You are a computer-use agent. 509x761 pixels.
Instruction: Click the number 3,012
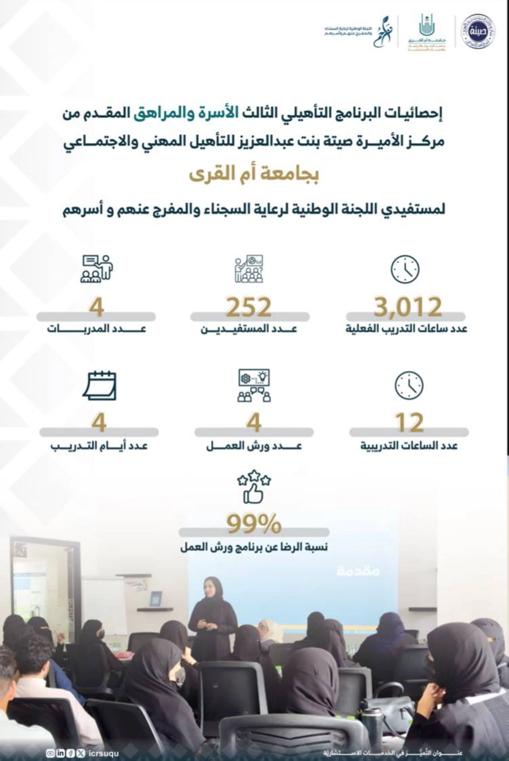click(x=408, y=307)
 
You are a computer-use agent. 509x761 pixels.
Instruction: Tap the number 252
click(x=249, y=307)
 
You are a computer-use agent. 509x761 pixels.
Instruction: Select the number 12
click(x=409, y=423)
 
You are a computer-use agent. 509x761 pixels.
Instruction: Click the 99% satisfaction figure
click(x=254, y=524)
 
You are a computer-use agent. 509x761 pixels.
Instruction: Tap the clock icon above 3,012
click(x=405, y=269)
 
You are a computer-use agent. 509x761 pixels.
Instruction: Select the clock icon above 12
click(x=409, y=385)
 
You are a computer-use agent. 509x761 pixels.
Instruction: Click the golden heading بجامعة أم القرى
click(x=254, y=174)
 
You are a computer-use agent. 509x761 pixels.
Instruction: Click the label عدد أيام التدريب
click(x=99, y=446)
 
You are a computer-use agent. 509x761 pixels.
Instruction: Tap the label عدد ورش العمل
click(x=254, y=446)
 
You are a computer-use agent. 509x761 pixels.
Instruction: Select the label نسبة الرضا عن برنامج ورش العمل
click(x=254, y=547)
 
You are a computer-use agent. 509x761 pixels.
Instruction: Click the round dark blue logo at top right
click(x=478, y=31)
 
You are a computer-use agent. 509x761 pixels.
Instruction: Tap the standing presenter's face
click(x=211, y=587)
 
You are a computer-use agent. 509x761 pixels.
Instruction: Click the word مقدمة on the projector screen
click(x=358, y=571)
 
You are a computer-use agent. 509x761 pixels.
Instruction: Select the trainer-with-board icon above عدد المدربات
click(x=97, y=269)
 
